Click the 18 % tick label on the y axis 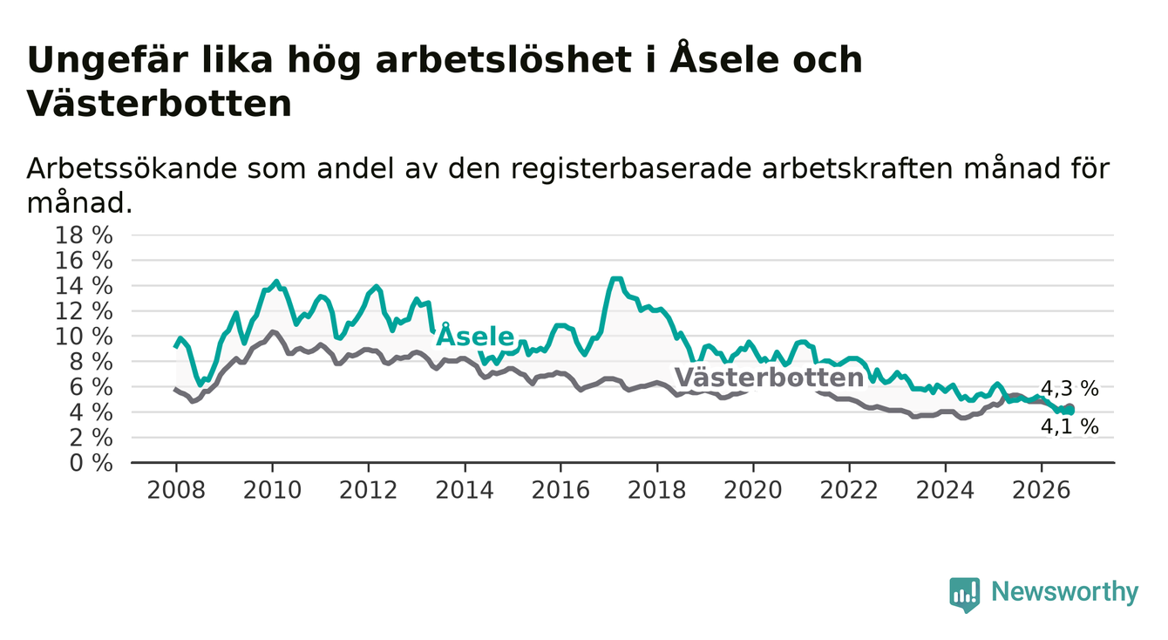pyautogui.click(x=84, y=235)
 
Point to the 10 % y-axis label pyautogui.click(x=84, y=337)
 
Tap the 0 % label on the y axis pyautogui.click(x=92, y=463)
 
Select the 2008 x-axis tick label pyautogui.click(x=176, y=491)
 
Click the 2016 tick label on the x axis pyautogui.click(x=560, y=491)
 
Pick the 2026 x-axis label pyautogui.click(x=1042, y=491)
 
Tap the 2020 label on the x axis pyautogui.click(x=753, y=491)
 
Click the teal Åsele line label pyautogui.click(x=475, y=336)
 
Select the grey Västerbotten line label pyautogui.click(x=769, y=378)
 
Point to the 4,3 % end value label pyautogui.click(x=1070, y=389)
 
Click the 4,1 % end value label pyautogui.click(x=1070, y=426)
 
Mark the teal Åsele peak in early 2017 pyautogui.click(x=616, y=279)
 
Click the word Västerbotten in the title pyautogui.click(x=159, y=104)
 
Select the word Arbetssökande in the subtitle pyautogui.click(x=132, y=168)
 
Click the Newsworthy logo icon pyautogui.click(x=964, y=595)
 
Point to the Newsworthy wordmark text pyautogui.click(x=1064, y=592)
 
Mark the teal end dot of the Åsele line pyautogui.click(x=1070, y=411)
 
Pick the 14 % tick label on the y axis pyautogui.click(x=84, y=286)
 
